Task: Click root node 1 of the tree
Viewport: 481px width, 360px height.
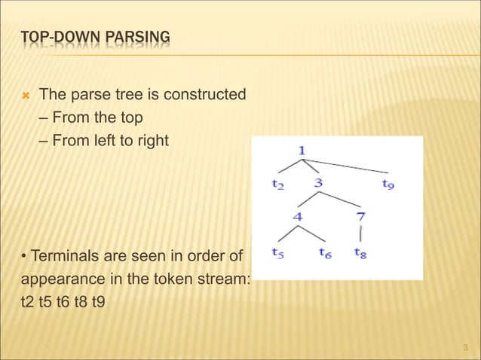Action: [302, 151]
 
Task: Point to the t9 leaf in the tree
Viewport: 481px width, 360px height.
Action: [388, 183]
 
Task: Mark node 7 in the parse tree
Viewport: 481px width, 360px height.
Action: [360, 217]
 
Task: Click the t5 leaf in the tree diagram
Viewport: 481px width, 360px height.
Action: [277, 252]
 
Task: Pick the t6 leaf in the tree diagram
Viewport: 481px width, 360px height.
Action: [325, 252]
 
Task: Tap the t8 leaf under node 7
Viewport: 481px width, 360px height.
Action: [360, 252]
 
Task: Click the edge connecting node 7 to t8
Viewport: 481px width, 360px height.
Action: [360, 235]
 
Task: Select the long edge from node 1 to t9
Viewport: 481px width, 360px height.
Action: [351, 166]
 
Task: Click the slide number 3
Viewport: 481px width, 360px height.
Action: [466, 347]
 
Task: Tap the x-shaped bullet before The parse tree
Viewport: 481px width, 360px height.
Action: [25, 96]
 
